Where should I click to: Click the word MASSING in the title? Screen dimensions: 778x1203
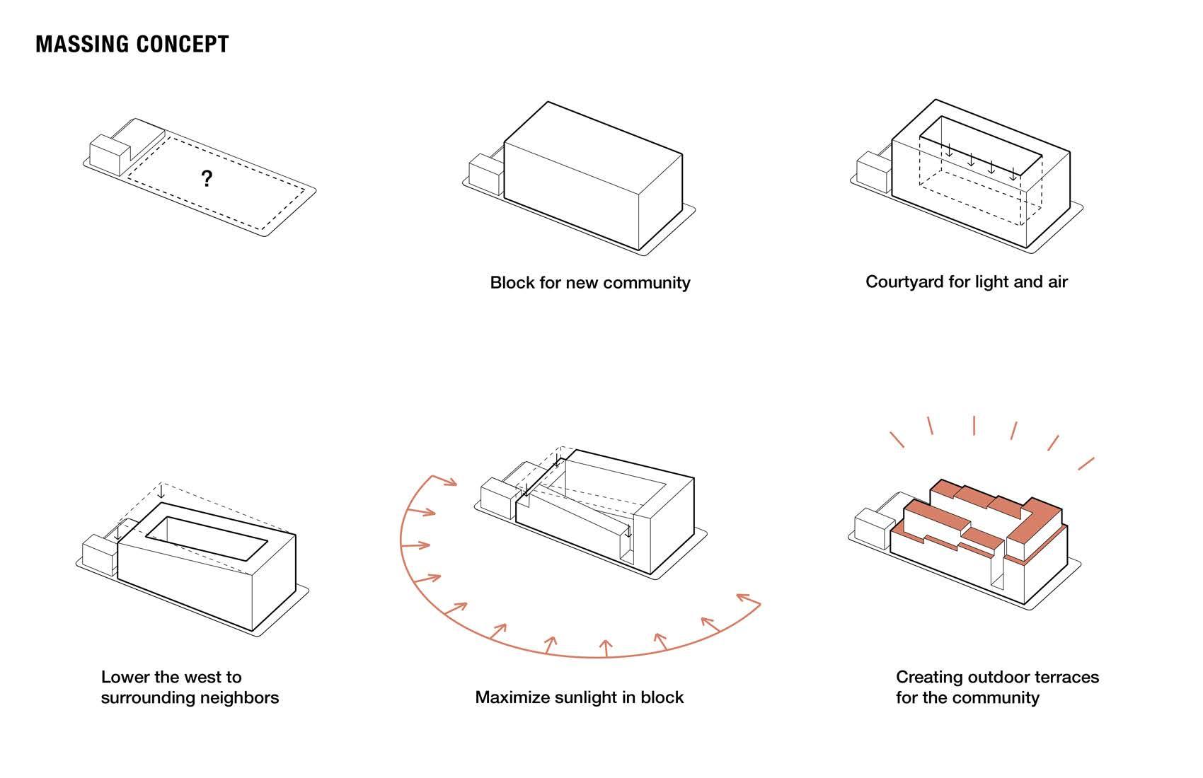point(81,44)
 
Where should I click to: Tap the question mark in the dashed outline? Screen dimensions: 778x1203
point(206,179)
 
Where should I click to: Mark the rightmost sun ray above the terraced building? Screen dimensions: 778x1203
point(1086,464)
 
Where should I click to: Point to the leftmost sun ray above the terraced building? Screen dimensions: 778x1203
point(897,439)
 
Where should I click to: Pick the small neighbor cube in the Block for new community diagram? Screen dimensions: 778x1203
point(485,176)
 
